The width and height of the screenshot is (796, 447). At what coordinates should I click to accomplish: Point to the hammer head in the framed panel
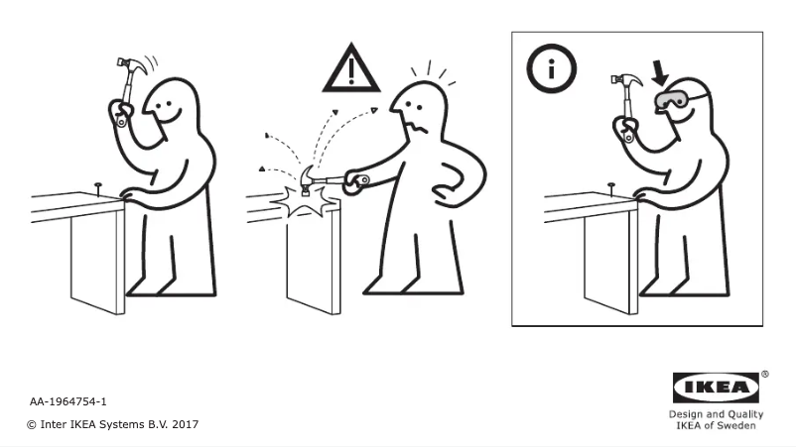(x=628, y=80)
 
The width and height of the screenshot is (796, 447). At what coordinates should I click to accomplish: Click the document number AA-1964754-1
(x=68, y=401)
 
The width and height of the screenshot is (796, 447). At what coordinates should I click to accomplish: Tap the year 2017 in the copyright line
(x=186, y=424)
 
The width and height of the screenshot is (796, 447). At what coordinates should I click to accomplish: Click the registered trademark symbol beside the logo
(x=764, y=376)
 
